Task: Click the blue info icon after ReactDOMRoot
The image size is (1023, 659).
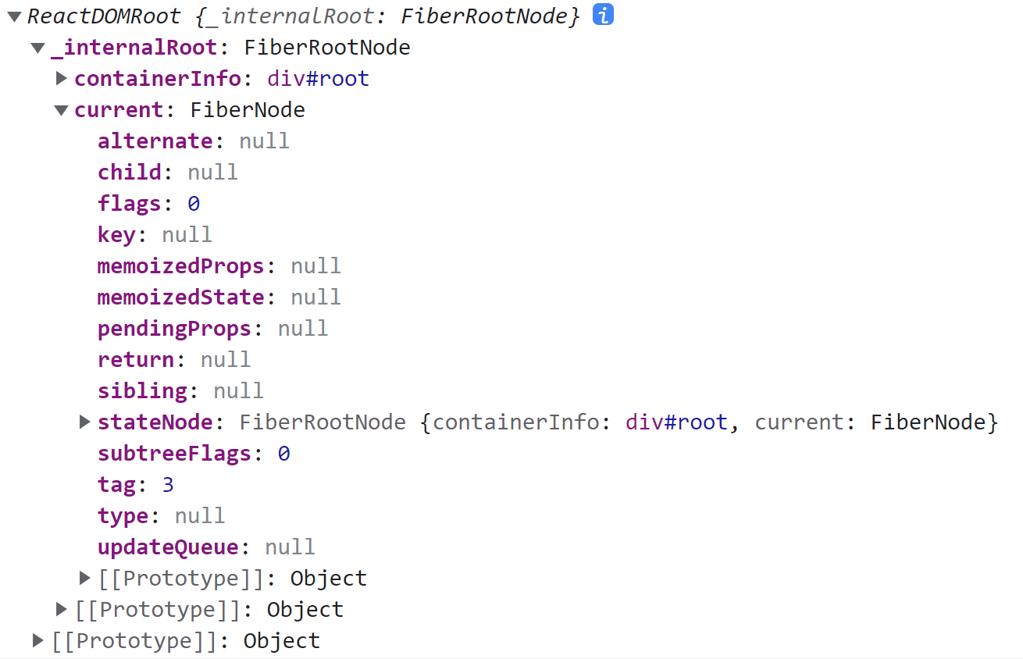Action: pos(602,15)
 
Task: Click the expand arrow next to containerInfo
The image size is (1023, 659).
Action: pos(62,78)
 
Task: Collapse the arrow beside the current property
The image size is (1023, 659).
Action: pos(62,110)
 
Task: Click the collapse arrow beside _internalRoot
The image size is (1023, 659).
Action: pos(37,48)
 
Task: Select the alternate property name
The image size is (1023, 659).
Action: pos(155,141)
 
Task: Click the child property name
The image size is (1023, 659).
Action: pos(129,173)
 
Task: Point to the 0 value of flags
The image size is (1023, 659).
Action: pos(194,204)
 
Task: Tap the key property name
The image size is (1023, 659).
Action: pos(116,235)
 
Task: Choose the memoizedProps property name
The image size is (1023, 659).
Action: pos(180,266)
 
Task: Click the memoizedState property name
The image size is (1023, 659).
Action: pos(180,297)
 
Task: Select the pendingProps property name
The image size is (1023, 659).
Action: pos(174,329)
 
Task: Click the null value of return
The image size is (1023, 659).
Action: pos(226,360)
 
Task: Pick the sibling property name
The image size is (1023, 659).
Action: pos(142,391)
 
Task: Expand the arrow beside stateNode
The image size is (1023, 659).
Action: pos(85,422)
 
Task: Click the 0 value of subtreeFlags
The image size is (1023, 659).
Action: pos(283,454)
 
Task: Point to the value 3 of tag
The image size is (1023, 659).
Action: pos(168,485)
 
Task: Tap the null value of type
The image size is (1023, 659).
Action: pos(200,516)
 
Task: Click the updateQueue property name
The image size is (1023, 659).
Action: pos(167,547)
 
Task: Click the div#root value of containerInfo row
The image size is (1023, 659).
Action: pos(318,79)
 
